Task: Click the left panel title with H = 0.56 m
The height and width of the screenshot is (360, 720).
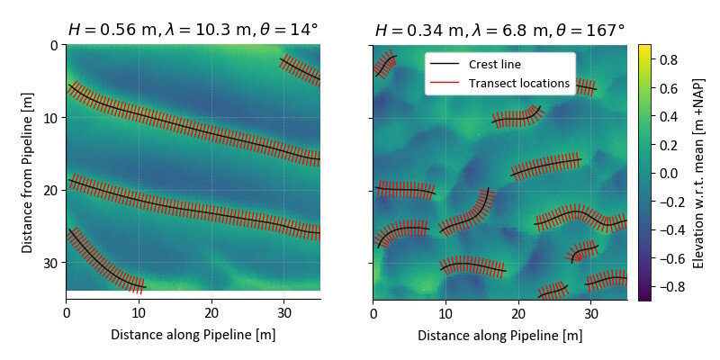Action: [x=193, y=30]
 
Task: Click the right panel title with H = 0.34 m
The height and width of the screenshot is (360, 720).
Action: [x=499, y=30]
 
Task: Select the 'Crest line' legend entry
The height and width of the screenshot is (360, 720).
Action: [x=494, y=65]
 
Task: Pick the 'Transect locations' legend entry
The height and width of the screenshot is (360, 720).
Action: [x=519, y=83]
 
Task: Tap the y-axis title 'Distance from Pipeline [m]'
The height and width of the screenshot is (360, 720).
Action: [x=28, y=172]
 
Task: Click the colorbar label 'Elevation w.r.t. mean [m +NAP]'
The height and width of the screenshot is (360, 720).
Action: [x=698, y=172]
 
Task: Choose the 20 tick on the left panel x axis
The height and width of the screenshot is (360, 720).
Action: [x=211, y=311]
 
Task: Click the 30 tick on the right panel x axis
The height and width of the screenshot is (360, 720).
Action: [x=590, y=311]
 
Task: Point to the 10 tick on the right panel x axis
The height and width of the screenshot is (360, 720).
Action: [x=445, y=311]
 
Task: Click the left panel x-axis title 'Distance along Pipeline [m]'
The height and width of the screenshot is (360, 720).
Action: [x=193, y=335]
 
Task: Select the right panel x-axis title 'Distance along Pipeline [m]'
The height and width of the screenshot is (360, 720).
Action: [x=499, y=335]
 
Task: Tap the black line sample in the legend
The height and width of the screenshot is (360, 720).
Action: [x=445, y=65]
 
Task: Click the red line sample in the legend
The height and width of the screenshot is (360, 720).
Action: [x=445, y=83]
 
